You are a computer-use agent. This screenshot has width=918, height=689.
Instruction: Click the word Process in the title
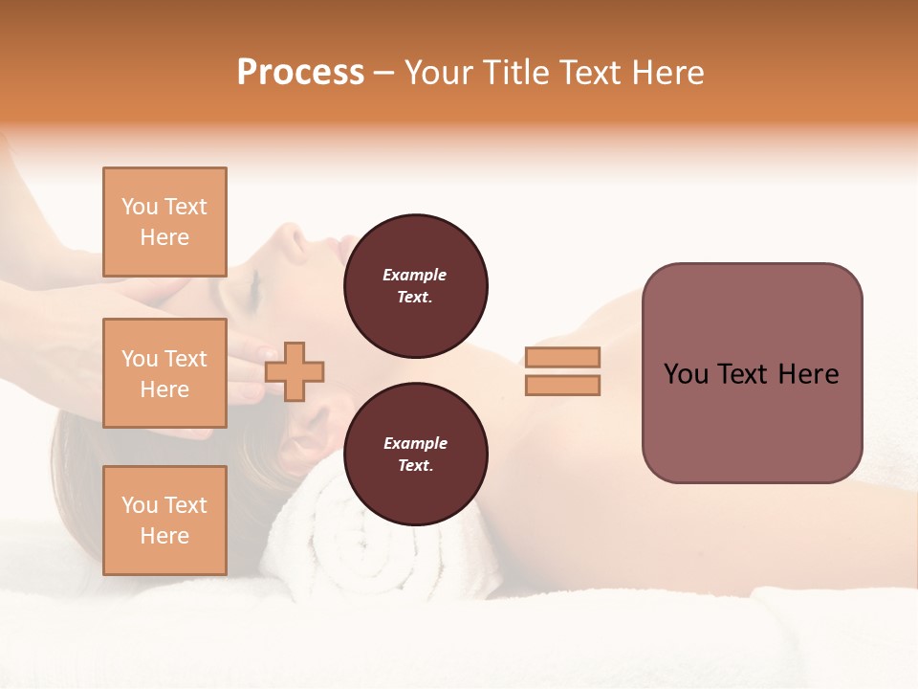pyautogui.click(x=300, y=73)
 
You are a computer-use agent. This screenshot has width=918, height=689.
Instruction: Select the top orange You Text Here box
pyautogui.click(x=164, y=222)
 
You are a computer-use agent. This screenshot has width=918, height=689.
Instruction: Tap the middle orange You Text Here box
pyautogui.click(x=164, y=373)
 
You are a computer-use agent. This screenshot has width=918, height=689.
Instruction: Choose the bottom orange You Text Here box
pyautogui.click(x=164, y=520)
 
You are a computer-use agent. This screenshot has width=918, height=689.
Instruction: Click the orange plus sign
pyautogui.click(x=295, y=372)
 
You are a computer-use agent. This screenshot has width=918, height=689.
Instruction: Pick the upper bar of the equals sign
pyautogui.click(x=562, y=357)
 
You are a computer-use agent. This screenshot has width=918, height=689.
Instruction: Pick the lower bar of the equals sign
pyautogui.click(x=562, y=386)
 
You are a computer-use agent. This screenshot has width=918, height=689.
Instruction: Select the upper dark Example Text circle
pyautogui.click(x=415, y=285)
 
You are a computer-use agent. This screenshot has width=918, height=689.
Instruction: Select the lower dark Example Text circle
pyautogui.click(x=415, y=454)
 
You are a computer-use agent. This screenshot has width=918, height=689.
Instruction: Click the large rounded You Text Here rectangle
pyautogui.click(x=752, y=372)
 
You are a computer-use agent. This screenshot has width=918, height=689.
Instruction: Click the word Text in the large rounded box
pyautogui.click(x=745, y=373)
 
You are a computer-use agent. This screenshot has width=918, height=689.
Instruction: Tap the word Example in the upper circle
pyautogui.click(x=415, y=275)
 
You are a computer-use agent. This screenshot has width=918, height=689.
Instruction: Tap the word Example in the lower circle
pyautogui.click(x=415, y=443)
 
